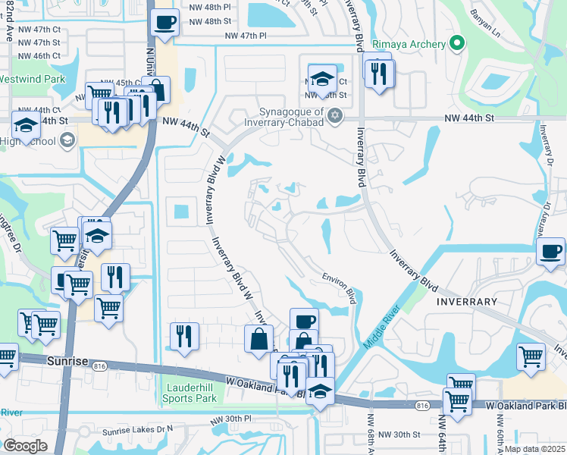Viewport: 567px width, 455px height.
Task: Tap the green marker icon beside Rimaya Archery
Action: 456,44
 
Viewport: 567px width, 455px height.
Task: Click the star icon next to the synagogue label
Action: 335,115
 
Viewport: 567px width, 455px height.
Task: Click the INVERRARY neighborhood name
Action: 466,301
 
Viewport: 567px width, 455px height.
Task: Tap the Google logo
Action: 25,445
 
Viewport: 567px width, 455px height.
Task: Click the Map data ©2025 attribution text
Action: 534,449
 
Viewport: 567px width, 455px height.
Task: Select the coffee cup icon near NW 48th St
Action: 164,22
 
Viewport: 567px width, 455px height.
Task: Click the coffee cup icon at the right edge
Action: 550,251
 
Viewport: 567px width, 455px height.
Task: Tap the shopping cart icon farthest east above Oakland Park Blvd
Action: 531,356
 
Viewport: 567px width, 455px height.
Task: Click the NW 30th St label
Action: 399,435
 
